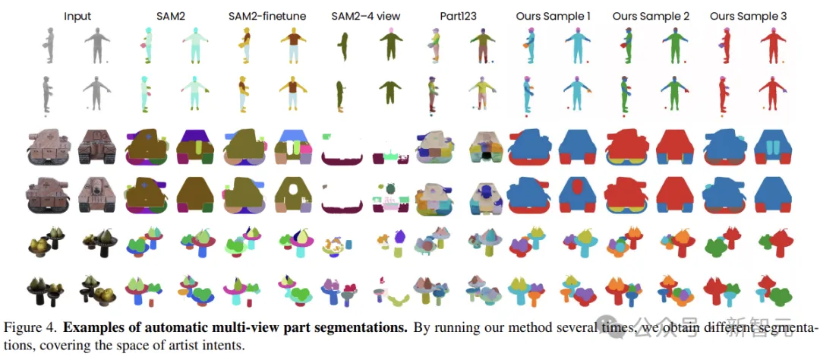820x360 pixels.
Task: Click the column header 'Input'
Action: [77, 15]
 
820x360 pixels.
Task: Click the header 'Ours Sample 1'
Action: [552, 15]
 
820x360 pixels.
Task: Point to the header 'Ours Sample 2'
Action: [645, 15]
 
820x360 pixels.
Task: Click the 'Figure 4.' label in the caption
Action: [31, 328]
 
